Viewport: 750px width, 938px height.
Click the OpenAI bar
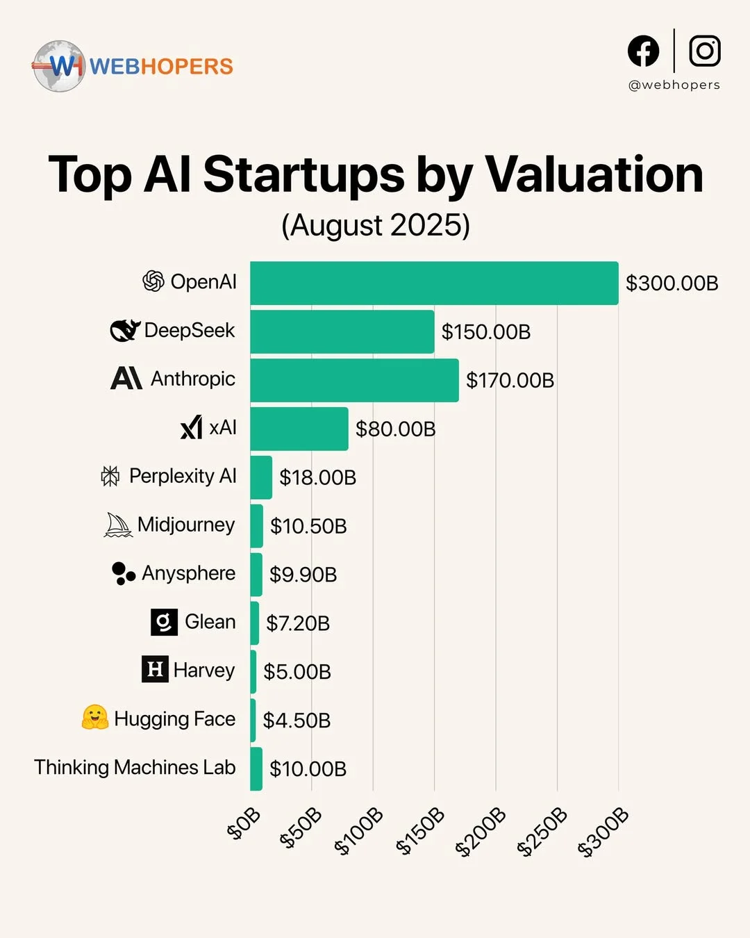coord(434,283)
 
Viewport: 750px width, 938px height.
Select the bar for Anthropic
coord(354,380)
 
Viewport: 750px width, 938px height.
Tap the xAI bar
coord(299,429)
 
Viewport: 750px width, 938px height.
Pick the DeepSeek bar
coord(342,331)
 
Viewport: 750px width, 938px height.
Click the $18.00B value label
coord(317,477)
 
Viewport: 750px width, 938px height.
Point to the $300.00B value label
coord(672,283)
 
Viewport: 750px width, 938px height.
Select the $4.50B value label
coord(297,721)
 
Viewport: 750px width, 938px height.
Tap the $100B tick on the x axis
coord(359,831)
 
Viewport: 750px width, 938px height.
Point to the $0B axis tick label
coord(244,823)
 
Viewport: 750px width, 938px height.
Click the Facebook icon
coord(643,51)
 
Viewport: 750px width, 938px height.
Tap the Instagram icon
coord(704,51)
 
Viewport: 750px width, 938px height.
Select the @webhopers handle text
coord(674,85)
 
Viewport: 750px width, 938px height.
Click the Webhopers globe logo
coord(59,66)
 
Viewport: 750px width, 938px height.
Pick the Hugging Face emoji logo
coord(95,718)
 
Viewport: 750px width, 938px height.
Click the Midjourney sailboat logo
coord(118,525)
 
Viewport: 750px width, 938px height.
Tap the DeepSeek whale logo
coord(125,331)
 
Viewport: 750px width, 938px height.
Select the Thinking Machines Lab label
coord(135,768)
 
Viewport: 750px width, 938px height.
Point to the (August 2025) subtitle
coord(376,225)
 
